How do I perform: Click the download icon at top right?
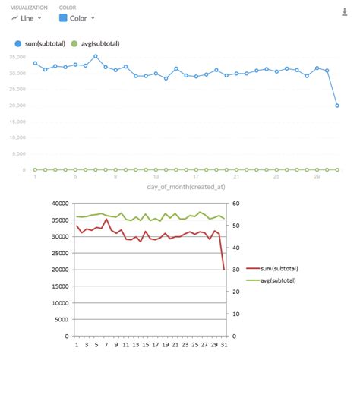pyautogui.click(x=345, y=11)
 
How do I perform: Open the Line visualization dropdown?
pyautogui.click(x=27, y=17)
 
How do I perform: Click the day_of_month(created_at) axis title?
pyautogui.click(x=182, y=186)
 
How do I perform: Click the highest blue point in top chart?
pyautogui.click(x=96, y=56)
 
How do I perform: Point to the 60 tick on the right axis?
pyautogui.click(x=236, y=204)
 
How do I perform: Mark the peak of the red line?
pyautogui.click(x=106, y=220)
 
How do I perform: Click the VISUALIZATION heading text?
pyautogui.click(x=29, y=7)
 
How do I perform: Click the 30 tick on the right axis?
pyautogui.click(x=236, y=270)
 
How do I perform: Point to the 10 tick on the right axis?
pyautogui.click(x=236, y=314)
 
